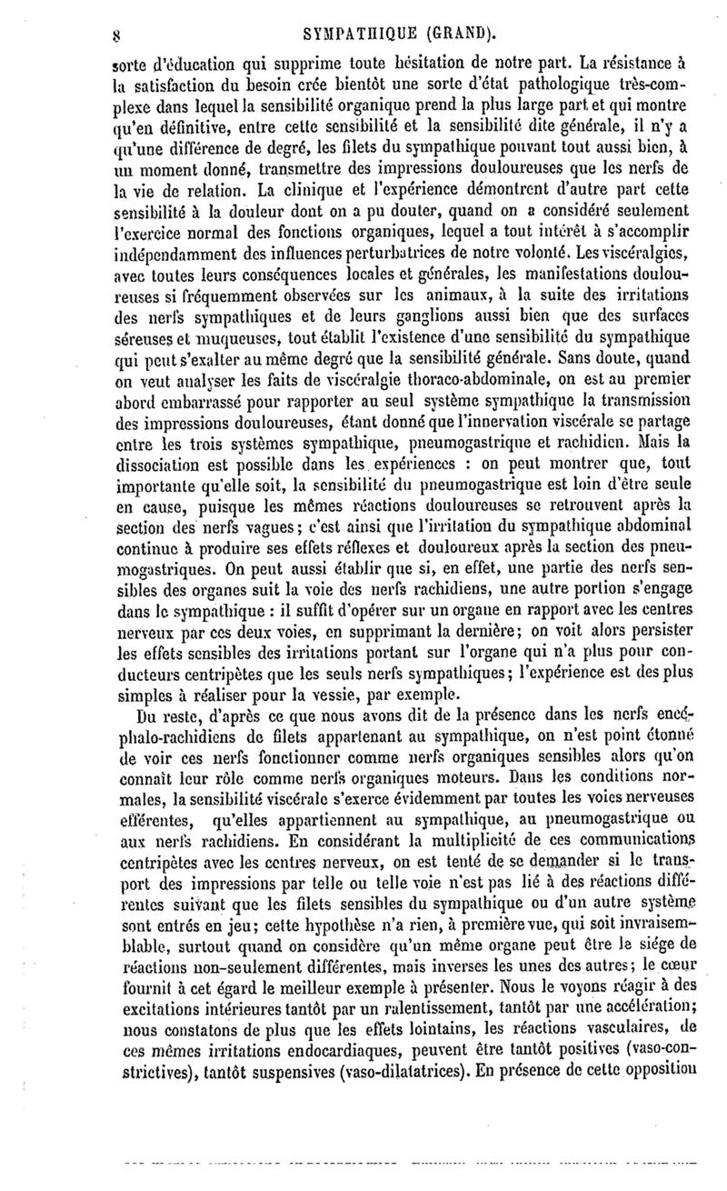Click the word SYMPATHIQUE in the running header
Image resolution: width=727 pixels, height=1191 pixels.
358,12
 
